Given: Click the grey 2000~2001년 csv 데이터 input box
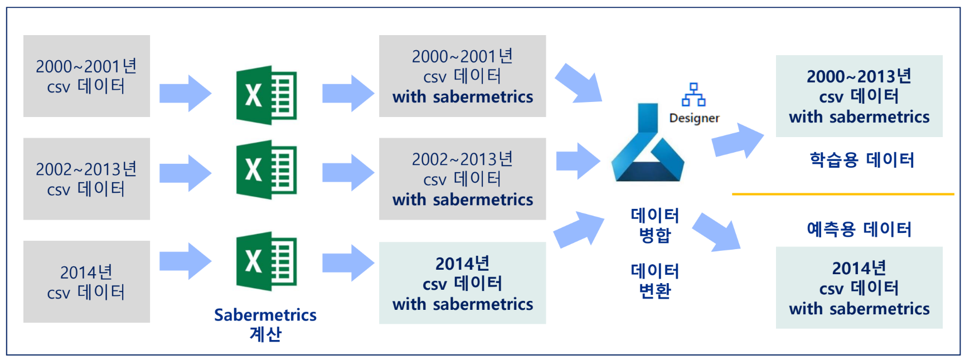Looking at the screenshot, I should (x=86, y=76).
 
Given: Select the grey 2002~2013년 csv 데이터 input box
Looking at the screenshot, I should (x=86, y=179).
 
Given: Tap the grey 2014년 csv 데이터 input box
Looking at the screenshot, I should (x=86, y=281).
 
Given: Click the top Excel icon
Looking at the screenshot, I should (x=266, y=95).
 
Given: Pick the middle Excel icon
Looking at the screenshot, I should (x=266, y=169).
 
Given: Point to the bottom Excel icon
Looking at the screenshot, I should (x=266, y=261).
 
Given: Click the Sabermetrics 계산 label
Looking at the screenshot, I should (x=265, y=324).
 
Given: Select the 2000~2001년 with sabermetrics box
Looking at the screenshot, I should (x=462, y=76).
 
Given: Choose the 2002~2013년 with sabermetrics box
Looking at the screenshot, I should (x=462, y=179).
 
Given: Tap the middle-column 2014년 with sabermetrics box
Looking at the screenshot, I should (x=462, y=283).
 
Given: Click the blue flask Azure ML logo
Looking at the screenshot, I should (x=648, y=145).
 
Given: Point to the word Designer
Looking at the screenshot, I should (x=694, y=118).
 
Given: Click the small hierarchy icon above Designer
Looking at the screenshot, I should (x=694, y=95).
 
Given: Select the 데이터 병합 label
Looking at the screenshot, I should (x=654, y=225).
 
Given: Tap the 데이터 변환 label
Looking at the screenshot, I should (x=654, y=281).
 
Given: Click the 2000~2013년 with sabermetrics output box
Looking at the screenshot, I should (x=859, y=96).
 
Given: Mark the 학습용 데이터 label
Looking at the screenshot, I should (x=862, y=160).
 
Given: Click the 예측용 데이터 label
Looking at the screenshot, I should (x=859, y=229).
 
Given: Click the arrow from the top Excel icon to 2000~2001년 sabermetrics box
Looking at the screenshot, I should (x=348, y=94).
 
